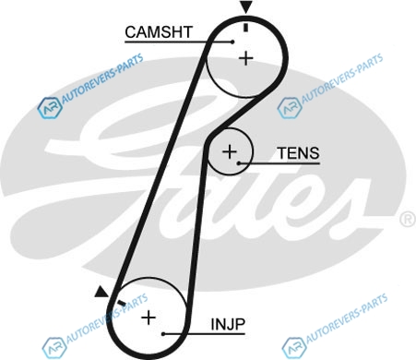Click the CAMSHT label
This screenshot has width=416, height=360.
click(159, 32)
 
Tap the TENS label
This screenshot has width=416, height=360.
click(299, 153)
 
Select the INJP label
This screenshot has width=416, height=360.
click(228, 324)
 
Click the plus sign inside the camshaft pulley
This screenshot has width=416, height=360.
click(246, 58)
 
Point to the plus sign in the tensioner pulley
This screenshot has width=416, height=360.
click(230, 151)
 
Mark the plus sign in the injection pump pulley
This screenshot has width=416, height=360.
click(149, 318)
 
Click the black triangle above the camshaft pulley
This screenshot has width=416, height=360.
click(246, 6)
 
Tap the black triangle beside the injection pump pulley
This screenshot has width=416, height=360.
click(101, 293)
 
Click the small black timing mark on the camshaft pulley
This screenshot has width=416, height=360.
click(245, 27)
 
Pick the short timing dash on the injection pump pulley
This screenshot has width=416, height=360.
click(122, 303)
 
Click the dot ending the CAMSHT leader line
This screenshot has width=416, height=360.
click(232, 42)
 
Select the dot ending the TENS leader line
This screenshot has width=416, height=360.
click(239, 163)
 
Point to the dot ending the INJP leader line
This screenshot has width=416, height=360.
click(164, 334)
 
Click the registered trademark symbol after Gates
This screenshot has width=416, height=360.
click(408, 219)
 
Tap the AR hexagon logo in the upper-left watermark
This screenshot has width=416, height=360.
click(49, 108)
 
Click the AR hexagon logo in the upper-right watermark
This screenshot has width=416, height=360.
click(290, 107)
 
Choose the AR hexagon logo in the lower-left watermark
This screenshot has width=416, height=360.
click(54, 348)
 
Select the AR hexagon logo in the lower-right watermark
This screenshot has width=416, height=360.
click(294, 348)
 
